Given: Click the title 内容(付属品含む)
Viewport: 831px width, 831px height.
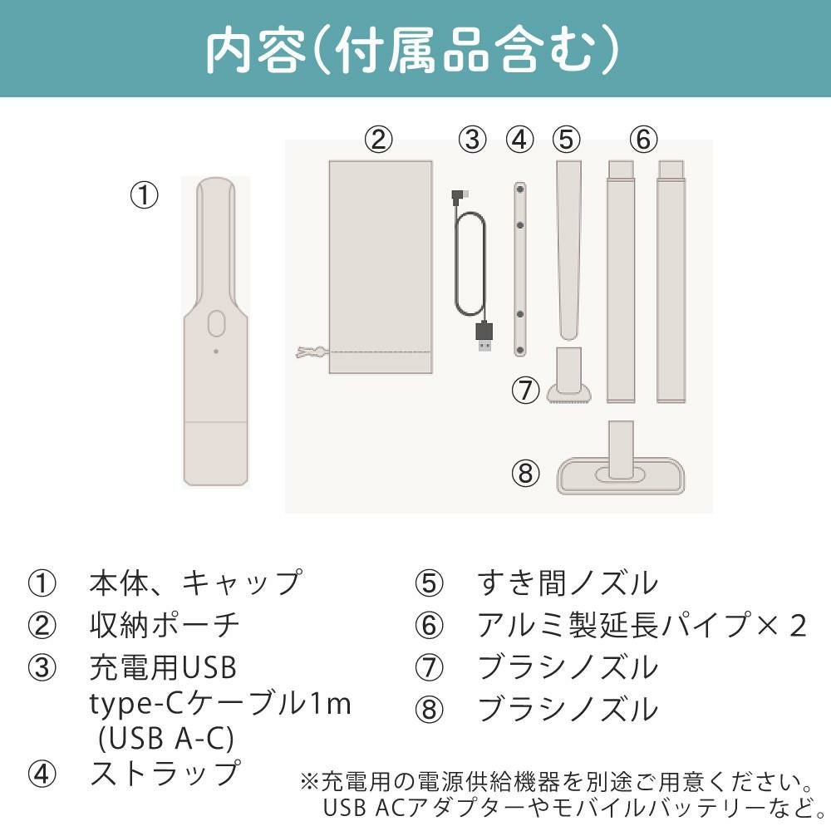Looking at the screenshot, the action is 412,51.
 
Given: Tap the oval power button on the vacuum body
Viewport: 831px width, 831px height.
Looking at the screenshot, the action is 216,323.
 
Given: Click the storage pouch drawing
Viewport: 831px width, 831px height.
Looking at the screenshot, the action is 381,267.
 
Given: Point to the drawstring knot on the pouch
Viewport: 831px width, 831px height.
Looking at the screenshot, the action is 309,352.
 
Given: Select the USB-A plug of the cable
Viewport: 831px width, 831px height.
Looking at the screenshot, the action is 484,337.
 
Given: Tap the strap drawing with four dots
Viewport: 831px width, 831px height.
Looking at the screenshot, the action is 520,269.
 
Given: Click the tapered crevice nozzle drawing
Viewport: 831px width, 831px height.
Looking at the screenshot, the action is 568,250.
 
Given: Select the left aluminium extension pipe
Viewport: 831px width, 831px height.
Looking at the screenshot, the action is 621,282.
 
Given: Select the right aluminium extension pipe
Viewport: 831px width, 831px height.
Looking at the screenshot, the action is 671,282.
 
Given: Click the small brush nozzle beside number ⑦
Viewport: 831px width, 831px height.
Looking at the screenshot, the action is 568,376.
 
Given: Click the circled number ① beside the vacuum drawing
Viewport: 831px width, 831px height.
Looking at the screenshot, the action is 144,195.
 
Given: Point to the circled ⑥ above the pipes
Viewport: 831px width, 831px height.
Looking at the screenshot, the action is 643,140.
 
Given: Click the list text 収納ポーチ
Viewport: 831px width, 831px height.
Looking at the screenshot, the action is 165,625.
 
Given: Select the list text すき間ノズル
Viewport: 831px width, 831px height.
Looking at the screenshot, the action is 567,583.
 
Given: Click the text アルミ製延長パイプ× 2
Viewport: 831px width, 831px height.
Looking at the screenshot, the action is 642,625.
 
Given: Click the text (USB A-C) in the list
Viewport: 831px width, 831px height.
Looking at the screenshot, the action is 166,738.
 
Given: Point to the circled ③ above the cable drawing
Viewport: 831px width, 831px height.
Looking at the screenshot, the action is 472,140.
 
